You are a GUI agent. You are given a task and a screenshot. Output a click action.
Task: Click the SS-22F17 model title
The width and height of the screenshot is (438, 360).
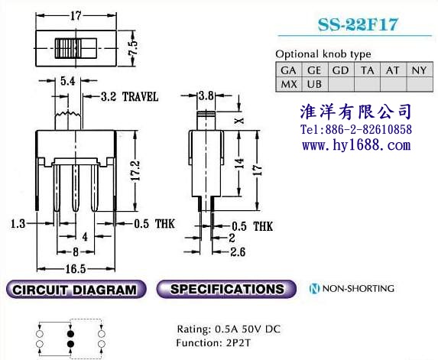click(358, 24)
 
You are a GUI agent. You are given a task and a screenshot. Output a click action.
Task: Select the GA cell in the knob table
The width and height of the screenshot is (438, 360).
click(288, 70)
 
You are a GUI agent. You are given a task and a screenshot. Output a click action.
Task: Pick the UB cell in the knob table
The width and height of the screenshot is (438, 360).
click(314, 84)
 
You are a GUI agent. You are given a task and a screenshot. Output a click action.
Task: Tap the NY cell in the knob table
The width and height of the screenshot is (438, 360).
click(420, 70)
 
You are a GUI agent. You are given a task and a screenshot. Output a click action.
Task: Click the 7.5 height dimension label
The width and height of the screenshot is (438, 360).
click(133, 48)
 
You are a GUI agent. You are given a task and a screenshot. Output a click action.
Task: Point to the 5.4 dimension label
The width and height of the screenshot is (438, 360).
click(67, 81)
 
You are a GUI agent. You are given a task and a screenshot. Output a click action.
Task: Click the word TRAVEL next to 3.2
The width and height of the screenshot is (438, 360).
click(140, 97)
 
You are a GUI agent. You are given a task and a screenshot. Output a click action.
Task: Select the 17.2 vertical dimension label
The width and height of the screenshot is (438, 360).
click(135, 170)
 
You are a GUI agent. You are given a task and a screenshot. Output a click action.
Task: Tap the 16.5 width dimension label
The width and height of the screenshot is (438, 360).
click(76, 269)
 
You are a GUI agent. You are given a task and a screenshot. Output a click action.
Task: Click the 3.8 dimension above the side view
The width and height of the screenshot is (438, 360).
click(206, 96)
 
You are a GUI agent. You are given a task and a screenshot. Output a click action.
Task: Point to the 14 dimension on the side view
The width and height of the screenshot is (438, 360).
click(239, 164)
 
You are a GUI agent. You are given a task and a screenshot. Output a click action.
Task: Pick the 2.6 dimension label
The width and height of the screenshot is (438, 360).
click(238, 252)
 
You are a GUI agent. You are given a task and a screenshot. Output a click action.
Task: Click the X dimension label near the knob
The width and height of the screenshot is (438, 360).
click(239, 121)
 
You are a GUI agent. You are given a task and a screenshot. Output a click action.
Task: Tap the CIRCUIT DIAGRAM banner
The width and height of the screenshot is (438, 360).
click(76, 290)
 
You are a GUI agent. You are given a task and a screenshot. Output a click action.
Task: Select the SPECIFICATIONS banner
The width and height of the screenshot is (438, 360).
click(226, 289)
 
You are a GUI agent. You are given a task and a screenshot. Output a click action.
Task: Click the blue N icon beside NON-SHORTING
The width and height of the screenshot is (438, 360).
click(314, 288)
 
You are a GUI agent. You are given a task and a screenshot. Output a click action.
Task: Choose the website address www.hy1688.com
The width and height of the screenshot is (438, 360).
click(356, 145)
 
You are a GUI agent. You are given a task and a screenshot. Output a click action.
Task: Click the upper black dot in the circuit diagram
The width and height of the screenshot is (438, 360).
click(70, 334)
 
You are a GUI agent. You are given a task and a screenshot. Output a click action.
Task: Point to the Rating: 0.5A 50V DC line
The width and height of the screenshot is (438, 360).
click(229, 329)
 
